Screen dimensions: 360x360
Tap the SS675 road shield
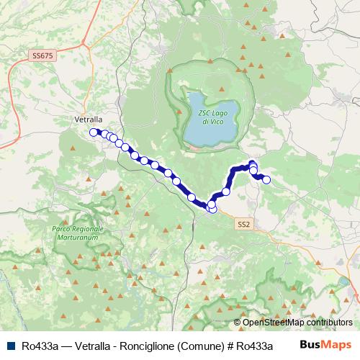(x=42, y=55)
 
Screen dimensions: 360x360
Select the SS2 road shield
(x=243, y=225)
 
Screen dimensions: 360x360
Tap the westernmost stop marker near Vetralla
(x=93, y=132)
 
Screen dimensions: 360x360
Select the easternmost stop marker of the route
(x=266, y=179)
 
